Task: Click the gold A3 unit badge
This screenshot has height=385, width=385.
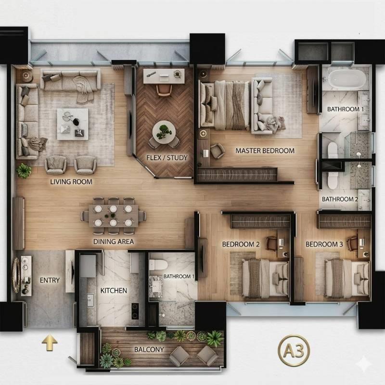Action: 294,350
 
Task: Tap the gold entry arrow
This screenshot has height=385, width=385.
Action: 50,343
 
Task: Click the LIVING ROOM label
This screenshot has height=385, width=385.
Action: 71,182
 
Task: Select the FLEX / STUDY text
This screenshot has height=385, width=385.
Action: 167,158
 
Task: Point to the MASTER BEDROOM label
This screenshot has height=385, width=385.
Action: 265,151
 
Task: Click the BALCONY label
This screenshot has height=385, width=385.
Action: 149,349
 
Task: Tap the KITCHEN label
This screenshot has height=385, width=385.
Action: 114,291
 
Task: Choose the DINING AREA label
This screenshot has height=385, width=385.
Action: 114,242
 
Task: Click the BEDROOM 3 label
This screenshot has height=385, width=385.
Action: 324,244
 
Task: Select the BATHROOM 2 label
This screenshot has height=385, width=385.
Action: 340,199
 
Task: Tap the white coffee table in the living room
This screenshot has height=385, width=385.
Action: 73,124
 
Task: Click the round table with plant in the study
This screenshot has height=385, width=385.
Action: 164,132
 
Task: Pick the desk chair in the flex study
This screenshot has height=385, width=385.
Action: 164,90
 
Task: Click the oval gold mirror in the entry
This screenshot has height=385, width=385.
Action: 16,275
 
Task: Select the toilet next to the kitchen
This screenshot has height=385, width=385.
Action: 158,265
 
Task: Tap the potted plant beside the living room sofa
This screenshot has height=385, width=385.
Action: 24,171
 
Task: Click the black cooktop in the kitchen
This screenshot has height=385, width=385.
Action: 135,311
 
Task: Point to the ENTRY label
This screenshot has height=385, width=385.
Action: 50,280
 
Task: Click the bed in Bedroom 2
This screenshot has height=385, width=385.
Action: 266,278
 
